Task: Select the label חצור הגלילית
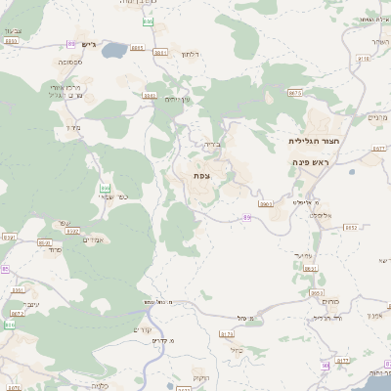[x=304, y=141]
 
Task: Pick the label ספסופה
[x=68, y=62]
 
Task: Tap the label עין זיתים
[x=178, y=100]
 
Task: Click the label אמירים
[x=93, y=239]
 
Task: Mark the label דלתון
[x=190, y=55]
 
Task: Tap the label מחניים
[x=377, y=117]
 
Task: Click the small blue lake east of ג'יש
[x=113, y=48]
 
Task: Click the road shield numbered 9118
[x=364, y=59]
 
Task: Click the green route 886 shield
[x=105, y=187]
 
